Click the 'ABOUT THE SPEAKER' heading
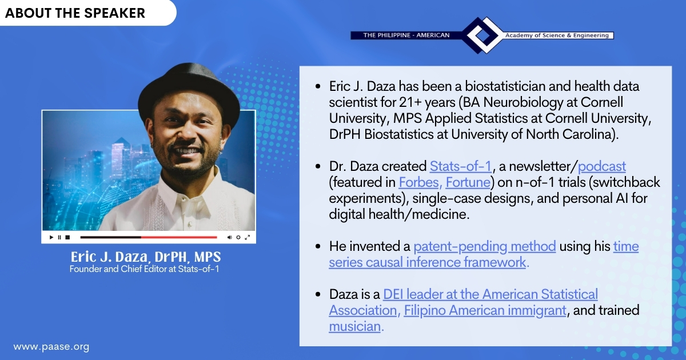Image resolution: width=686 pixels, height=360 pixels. pyautogui.click(x=75, y=13)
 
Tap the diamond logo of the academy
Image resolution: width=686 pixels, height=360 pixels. pyautogui.click(x=483, y=35)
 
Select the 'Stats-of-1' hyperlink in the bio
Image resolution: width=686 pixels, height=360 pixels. pyautogui.click(x=461, y=166)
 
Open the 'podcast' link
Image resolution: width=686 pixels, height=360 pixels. pyautogui.click(x=602, y=166)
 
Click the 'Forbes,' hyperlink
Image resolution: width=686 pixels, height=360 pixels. pyautogui.click(x=420, y=182)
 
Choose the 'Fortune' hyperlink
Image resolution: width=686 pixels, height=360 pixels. pyautogui.click(x=468, y=182)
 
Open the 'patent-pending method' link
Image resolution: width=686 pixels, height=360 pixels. pyautogui.click(x=485, y=246)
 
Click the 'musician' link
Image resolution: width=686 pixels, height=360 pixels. pyautogui.click(x=354, y=326)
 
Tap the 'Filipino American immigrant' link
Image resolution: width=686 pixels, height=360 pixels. pyautogui.click(x=485, y=310)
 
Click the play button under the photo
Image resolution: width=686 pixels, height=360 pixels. pyautogui.click(x=51, y=237)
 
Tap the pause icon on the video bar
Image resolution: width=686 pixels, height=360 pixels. pyautogui.click(x=59, y=237)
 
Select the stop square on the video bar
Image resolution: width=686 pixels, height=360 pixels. pyautogui.click(x=67, y=237)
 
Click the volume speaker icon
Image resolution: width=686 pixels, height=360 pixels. pyautogui.click(x=230, y=237)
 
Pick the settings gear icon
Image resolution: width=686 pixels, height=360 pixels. pyautogui.click(x=238, y=237)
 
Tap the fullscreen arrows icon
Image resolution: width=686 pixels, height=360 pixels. pyautogui.click(x=248, y=237)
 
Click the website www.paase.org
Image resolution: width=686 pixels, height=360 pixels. pyautogui.click(x=51, y=347)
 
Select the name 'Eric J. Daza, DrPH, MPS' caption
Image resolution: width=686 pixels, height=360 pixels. pyautogui.click(x=146, y=257)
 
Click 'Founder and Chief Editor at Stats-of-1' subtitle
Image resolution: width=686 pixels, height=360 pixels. pyautogui.click(x=144, y=269)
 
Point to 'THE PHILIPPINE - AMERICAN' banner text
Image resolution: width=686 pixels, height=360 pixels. pyautogui.click(x=406, y=35)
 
